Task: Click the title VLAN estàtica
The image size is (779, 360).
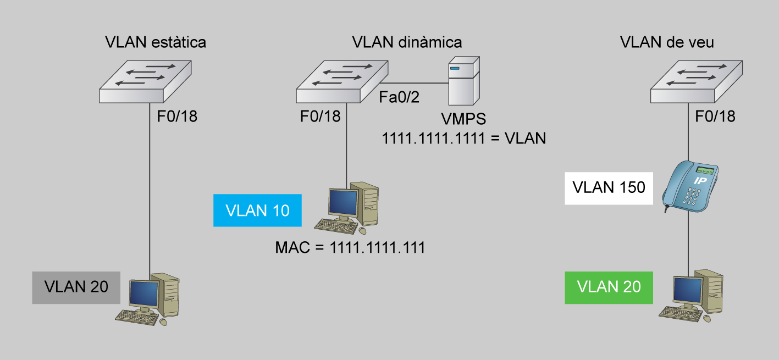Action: [x=156, y=42]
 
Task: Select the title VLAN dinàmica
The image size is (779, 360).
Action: [x=407, y=42]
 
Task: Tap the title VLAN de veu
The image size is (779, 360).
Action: [x=667, y=42]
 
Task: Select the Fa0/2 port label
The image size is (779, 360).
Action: [x=399, y=97]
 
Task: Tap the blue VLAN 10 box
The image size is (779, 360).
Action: [x=258, y=211]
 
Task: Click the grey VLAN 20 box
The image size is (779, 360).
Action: [x=76, y=287]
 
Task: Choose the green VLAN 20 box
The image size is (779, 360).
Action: [x=609, y=287]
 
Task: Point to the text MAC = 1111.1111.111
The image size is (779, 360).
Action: [x=350, y=248]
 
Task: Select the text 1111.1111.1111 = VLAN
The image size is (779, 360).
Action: [x=464, y=138]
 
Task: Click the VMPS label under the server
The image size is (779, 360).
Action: [x=463, y=120]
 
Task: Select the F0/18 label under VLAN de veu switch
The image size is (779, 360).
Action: [x=715, y=117]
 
